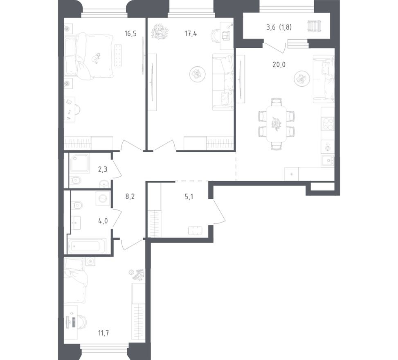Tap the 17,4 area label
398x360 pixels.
(x=191, y=34)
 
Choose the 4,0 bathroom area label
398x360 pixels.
(x=103, y=221)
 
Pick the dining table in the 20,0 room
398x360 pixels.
(x=276, y=122)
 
